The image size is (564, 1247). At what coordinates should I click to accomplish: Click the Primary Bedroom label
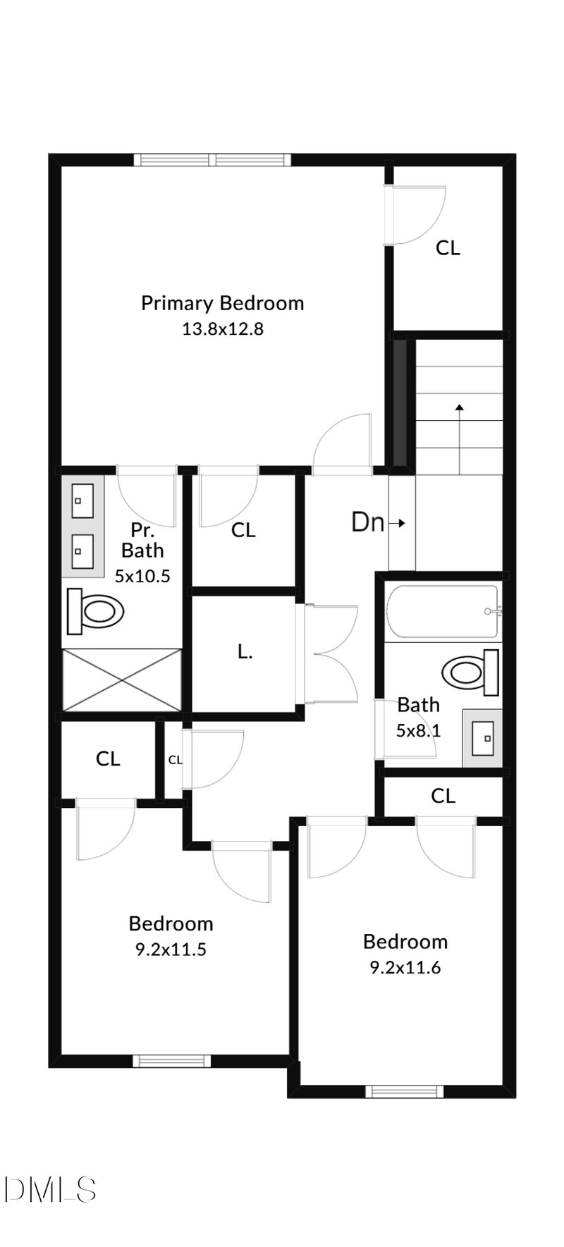pyautogui.click(x=222, y=303)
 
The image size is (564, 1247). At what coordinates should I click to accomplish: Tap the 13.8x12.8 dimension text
pyautogui.click(x=222, y=328)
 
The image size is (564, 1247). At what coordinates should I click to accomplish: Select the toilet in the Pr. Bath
pyautogui.click(x=95, y=610)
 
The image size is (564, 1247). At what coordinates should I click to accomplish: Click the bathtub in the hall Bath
pyautogui.click(x=443, y=611)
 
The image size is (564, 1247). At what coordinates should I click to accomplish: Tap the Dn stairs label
pyautogui.click(x=369, y=522)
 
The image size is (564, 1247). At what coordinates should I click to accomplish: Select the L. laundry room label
pyautogui.click(x=245, y=652)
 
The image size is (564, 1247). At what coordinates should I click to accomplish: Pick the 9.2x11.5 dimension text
pyautogui.click(x=171, y=950)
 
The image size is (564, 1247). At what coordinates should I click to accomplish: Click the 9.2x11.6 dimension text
pyautogui.click(x=405, y=968)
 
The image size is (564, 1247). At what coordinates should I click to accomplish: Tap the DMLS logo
pyautogui.click(x=49, y=1189)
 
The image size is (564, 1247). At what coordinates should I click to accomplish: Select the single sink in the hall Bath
pyautogui.click(x=483, y=737)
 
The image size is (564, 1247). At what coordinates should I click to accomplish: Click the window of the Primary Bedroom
pyautogui.click(x=212, y=160)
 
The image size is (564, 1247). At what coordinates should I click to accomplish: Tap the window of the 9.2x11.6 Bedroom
pyautogui.click(x=405, y=1092)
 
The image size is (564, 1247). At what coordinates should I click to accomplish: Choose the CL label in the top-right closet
pyautogui.click(x=448, y=248)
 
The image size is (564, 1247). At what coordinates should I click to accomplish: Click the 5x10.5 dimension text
pyautogui.click(x=142, y=576)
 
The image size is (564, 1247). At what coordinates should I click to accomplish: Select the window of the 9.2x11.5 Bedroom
pyautogui.click(x=171, y=1061)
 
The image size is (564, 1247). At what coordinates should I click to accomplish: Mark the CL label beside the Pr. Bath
pyautogui.click(x=243, y=530)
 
